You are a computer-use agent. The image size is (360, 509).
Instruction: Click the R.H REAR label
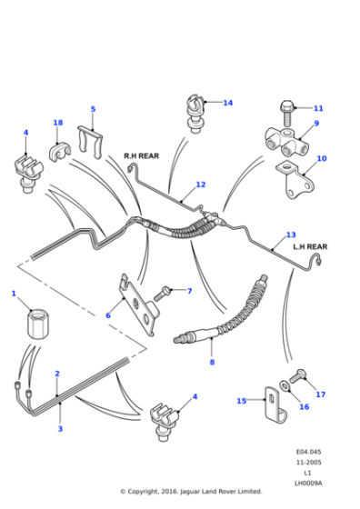coord(141,155)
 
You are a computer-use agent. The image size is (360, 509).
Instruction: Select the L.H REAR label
coord(309,245)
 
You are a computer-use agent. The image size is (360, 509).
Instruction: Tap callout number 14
coord(227,103)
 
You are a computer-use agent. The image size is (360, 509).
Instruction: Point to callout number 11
coord(317,108)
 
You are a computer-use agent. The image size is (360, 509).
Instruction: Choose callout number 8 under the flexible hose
coord(212,362)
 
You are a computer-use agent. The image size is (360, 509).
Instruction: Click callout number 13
coord(291,234)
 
